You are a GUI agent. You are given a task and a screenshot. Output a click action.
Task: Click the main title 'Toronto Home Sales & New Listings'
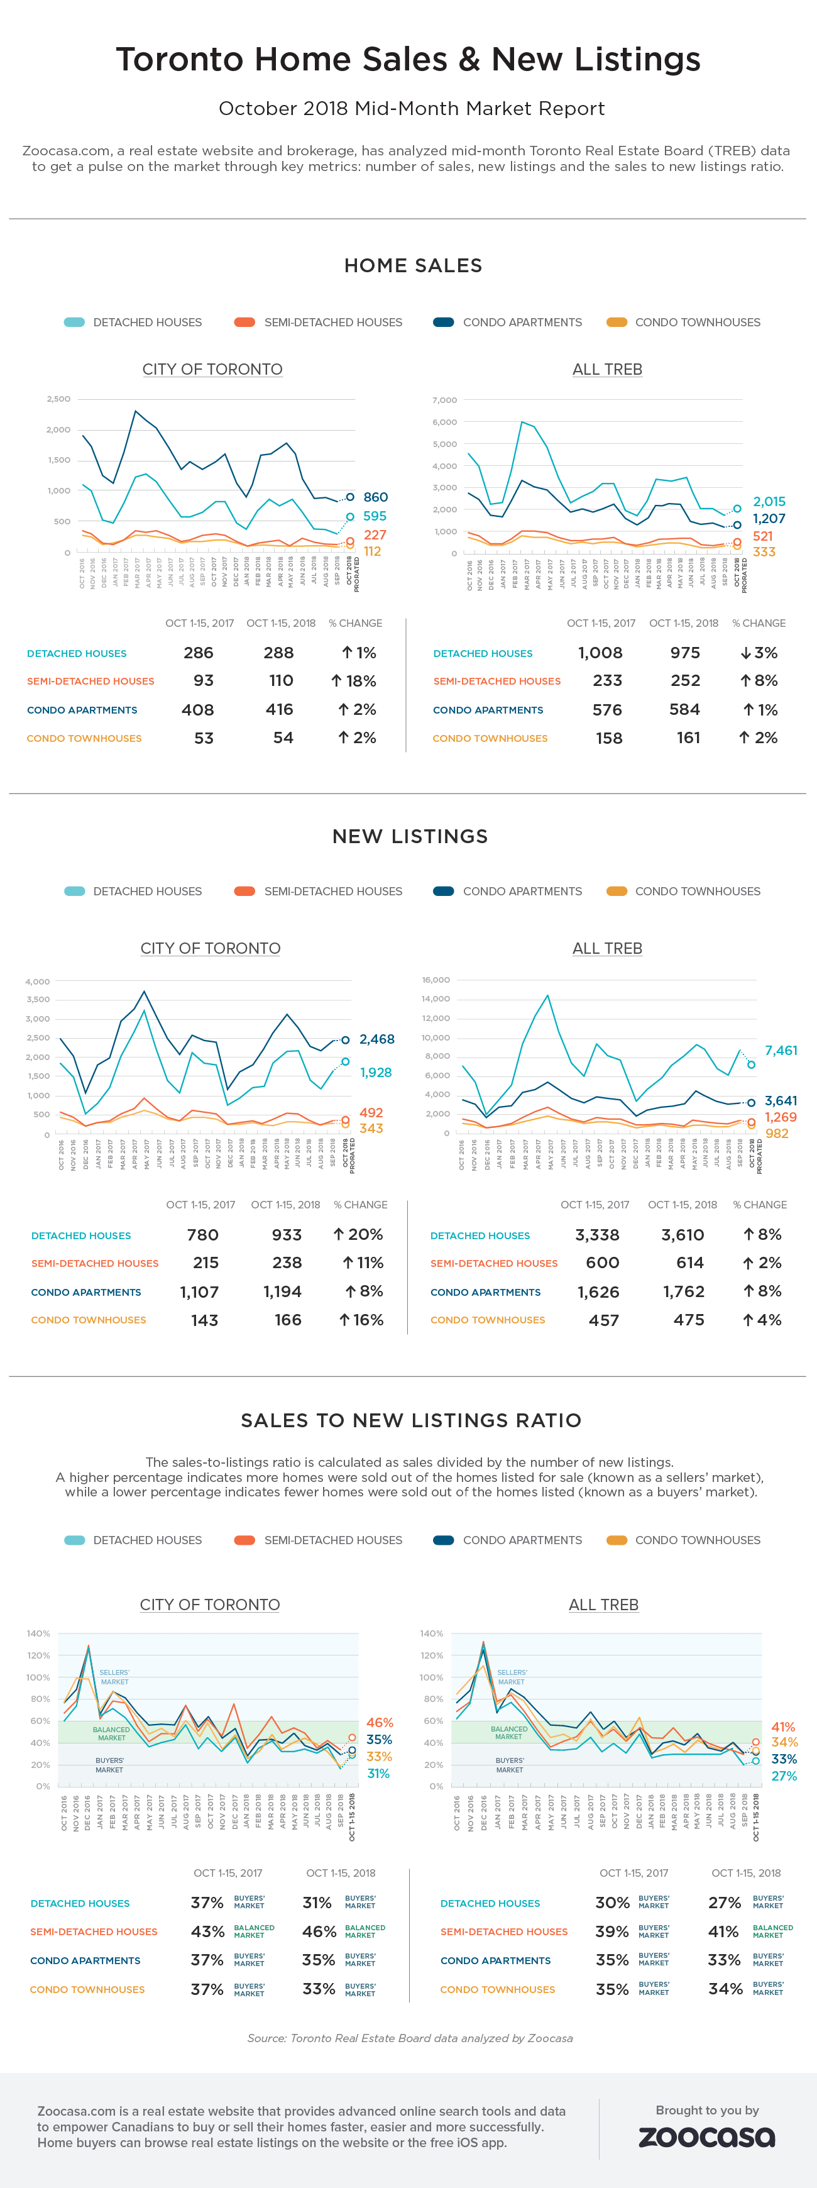[409, 60]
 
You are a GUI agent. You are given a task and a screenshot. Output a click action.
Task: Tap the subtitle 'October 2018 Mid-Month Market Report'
[412, 109]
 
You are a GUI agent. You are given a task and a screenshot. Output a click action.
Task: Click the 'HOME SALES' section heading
[413, 266]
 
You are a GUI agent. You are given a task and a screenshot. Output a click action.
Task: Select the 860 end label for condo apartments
[375, 497]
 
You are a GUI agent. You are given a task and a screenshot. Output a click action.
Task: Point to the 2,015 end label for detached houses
[769, 501]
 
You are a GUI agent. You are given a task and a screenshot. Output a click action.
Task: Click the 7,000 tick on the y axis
[444, 400]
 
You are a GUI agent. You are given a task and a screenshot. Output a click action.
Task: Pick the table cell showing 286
[199, 653]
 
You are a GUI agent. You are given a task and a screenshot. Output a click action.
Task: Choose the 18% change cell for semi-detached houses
[354, 680]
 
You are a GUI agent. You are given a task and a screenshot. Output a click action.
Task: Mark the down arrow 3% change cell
[759, 653]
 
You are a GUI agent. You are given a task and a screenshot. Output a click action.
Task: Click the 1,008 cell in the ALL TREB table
[600, 653]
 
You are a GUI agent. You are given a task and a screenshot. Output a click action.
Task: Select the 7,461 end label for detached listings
[781, 1051]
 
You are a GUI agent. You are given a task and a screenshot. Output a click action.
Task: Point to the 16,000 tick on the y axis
[435, 980]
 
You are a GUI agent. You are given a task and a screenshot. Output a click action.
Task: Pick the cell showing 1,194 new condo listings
[282, 1291]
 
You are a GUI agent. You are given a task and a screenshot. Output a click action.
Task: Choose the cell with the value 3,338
[597, 1235]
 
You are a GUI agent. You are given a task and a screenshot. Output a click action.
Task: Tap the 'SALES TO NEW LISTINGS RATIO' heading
[411, 1420]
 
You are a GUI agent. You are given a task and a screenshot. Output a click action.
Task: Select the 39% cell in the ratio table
[611, 1931]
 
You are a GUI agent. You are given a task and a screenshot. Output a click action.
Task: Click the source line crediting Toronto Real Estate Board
[409, 2038]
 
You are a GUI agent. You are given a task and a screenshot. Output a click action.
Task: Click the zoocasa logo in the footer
[706, 2136]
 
